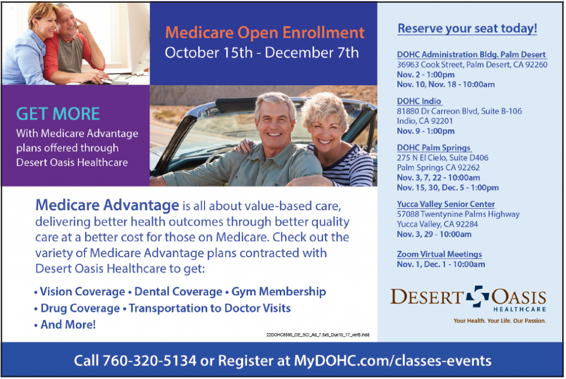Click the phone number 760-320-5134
coord(150,361)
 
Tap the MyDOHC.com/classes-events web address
coord(393,361)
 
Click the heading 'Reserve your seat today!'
coord(468,28)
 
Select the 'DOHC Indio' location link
coord(419,101)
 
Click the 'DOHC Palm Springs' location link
coord(434,147)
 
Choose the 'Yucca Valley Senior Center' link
coord(446,204)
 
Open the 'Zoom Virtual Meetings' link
coord(439,254)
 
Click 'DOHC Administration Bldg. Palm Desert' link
coord(471,55)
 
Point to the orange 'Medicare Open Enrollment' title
coord(265,33)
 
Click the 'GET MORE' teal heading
coord(58,114)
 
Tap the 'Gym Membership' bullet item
coord(279,292)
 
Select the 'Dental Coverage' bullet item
coord(179,292)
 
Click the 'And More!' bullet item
coord(68,324)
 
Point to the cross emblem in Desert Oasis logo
coord(477,296)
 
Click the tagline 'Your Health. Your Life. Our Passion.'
coord(500,320)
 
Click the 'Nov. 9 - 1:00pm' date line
coord(426,131)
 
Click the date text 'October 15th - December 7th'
coord(261,53)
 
